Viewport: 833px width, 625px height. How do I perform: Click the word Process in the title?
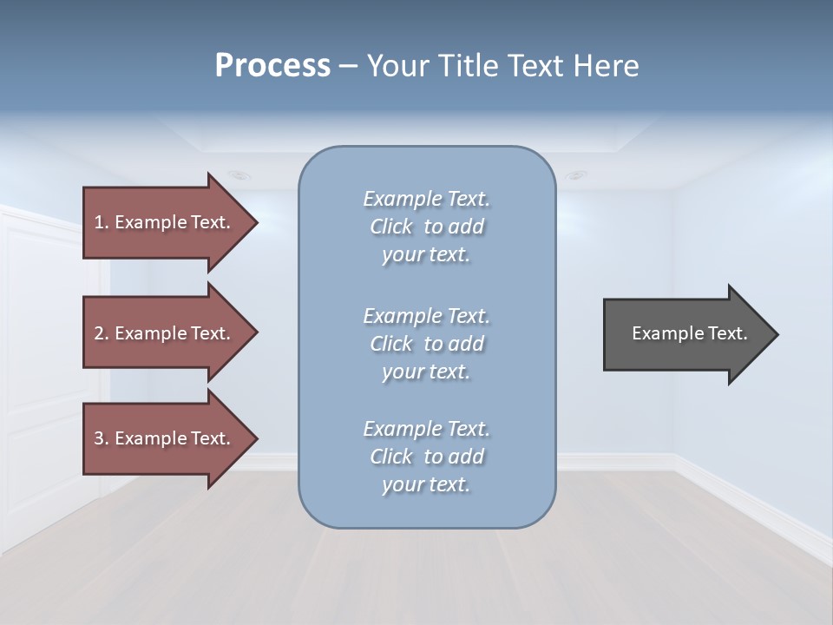pyautogui.click(x=272, y=66)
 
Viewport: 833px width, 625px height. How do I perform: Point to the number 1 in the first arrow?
pyautogui.click(x=99, y=223)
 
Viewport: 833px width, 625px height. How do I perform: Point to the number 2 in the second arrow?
pyautogui.click(x=99, y=333)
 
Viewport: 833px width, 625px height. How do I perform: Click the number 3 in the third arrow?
pyautogui.click(x=99, y=438)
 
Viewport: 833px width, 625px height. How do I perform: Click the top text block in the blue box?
pyautogui.click(x=426, y=227)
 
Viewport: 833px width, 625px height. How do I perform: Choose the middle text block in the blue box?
pyautogui.click(x=426, y=344)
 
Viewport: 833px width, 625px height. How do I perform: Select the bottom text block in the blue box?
pyautogui.click(x=426, y=457)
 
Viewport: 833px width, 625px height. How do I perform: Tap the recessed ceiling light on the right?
pyautogui.click(x=575, y=175)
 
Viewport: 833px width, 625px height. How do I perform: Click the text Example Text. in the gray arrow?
pyautogui.click(x=689, y=333)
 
